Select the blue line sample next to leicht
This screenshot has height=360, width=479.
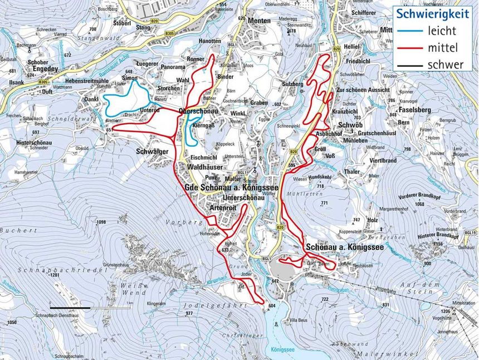[x=410, y=31]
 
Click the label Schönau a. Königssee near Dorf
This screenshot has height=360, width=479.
[x=344, y=246]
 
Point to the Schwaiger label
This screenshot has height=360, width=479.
[x=151, y=150]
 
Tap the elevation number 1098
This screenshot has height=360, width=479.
[x=101, y=222]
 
